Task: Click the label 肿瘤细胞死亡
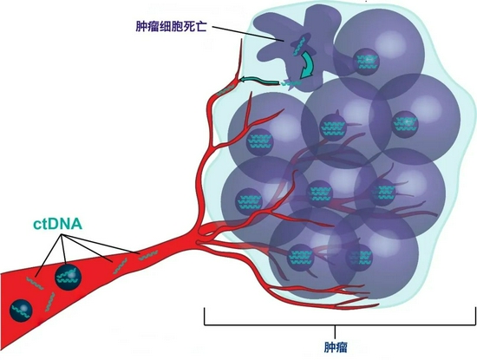[171, 27]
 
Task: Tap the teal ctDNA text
[57, 225]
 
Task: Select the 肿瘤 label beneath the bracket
[336, 348]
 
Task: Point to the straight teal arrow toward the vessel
[260, 81]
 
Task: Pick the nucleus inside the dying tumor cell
[301, 45]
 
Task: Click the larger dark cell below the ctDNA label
[69, 277]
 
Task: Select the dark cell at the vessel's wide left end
[21, 310]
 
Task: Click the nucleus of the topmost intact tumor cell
[367, 62]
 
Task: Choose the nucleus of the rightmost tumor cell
[405, 123]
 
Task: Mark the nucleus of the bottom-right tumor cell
[359, 257]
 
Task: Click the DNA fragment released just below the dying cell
[291, 83]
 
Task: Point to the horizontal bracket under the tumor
[340, 325]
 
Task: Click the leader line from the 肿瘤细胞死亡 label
[248, 34]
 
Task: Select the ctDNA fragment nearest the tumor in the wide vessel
[148, 256]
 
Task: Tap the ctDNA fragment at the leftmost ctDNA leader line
[35, 283]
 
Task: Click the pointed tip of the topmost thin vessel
[242, 40]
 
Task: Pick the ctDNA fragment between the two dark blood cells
[49, 302]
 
